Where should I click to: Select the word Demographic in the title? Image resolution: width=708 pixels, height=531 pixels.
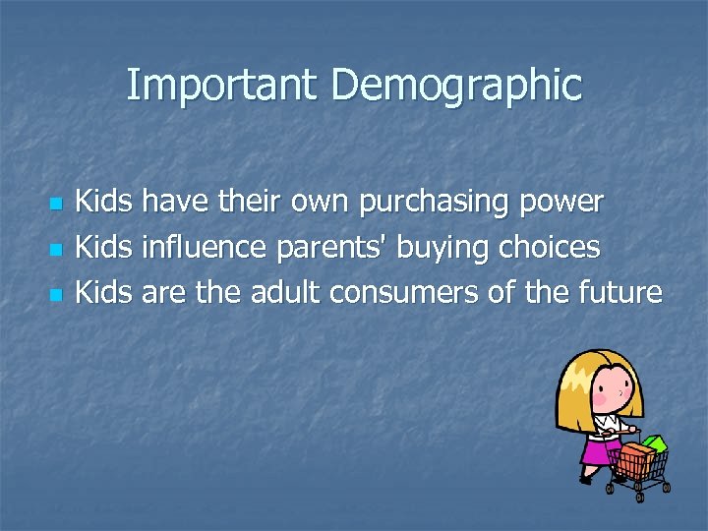(x=456, y=86)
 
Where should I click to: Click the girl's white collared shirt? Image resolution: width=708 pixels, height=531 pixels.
(x=601, y=425)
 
